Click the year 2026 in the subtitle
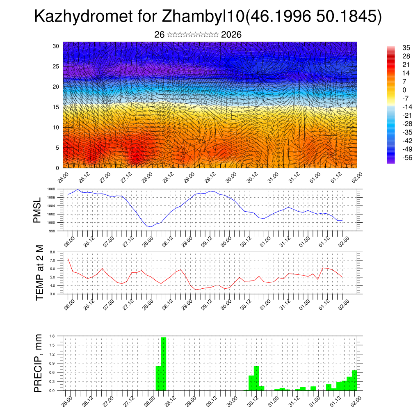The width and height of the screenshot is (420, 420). coord(231,35)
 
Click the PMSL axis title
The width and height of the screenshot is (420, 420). coord(38,210)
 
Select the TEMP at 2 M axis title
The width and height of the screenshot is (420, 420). coord(40,273)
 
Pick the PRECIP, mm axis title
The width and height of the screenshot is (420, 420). coord(38,363)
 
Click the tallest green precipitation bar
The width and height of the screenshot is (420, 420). coord(164,363)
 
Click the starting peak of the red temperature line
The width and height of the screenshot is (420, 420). coord(68,259)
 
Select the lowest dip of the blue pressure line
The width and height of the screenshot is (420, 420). coord(151,227)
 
